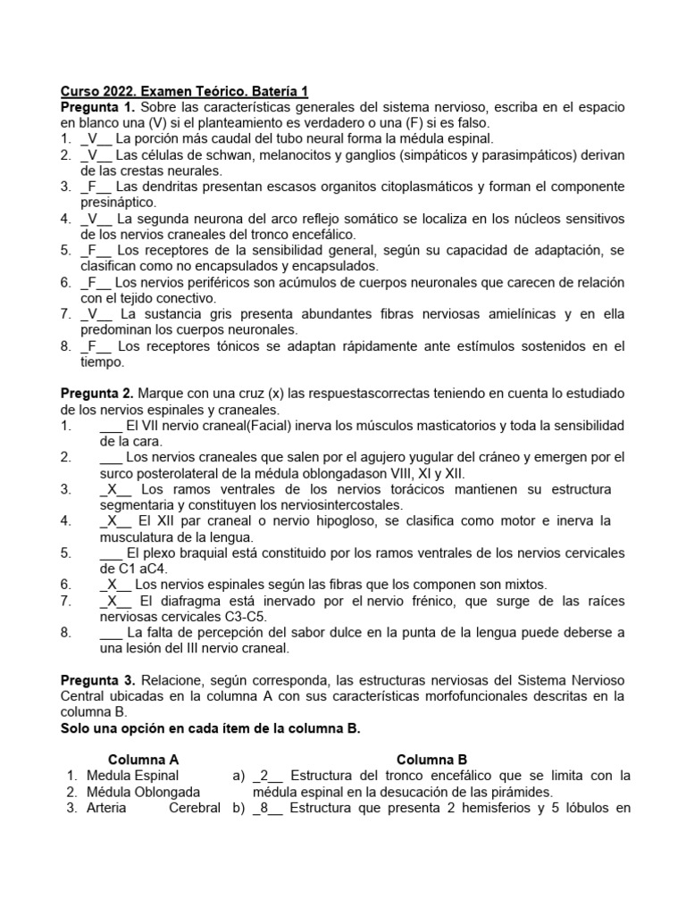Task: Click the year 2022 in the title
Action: [x=115, y=92]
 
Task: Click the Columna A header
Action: [x=144, y=760]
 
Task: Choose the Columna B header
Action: [x=431, y=760]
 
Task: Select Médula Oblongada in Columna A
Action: [x=143, y=792]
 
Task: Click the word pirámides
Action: [x=523, y=792]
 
